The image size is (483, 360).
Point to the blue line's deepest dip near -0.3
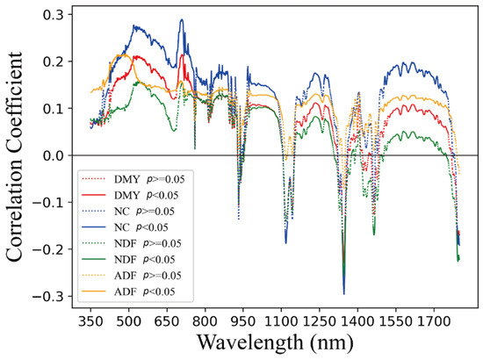(x=344, y=293)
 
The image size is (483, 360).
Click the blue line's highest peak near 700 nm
(x=181, y=20)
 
